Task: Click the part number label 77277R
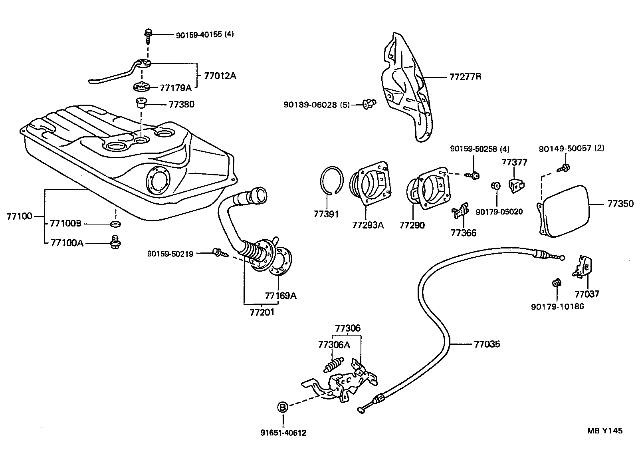465,76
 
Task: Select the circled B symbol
283,407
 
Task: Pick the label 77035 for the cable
487,344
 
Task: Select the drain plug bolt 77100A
116,242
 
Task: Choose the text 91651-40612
283,433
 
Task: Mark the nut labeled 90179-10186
556,283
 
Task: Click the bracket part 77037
584,266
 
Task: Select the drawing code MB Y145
604,431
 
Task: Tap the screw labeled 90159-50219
218,252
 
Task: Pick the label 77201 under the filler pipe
262,312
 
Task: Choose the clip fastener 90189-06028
369,105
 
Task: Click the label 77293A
368,225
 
